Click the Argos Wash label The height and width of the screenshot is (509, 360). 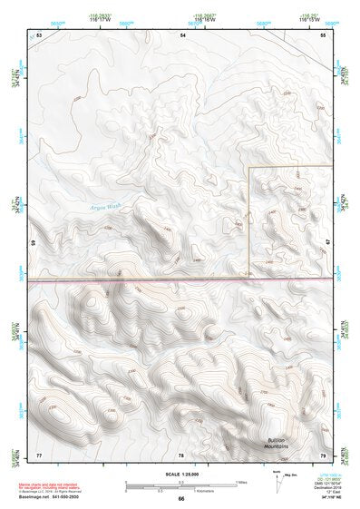(x=105, y=207)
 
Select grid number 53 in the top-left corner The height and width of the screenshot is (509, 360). (x=39, y=34)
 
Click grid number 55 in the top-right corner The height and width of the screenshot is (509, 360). (x=323, y=34)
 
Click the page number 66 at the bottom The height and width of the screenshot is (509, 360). (x=181, y=499)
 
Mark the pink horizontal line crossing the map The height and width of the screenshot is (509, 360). (x=181, y=280)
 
